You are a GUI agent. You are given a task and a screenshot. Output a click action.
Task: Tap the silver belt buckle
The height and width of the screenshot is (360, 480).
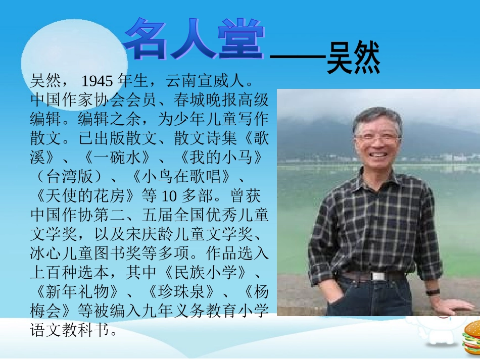(378, 276)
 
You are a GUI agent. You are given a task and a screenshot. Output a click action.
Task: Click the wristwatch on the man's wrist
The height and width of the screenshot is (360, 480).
(433, 292)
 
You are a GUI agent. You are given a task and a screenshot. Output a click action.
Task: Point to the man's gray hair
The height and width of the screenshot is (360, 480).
(376, 116)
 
